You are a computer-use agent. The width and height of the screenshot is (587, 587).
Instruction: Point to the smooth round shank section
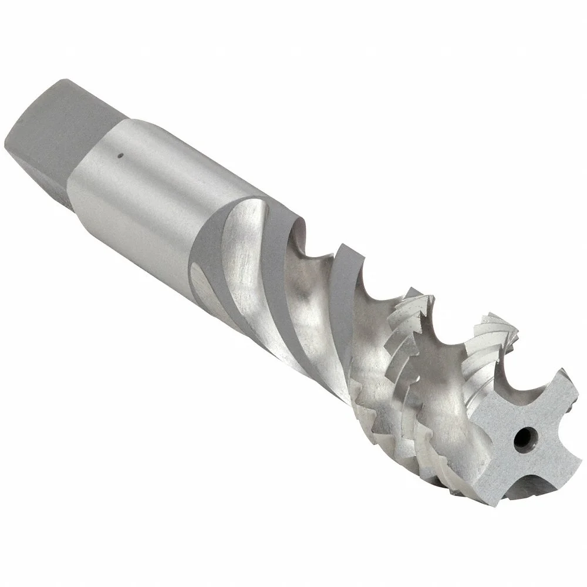pos(147,176)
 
